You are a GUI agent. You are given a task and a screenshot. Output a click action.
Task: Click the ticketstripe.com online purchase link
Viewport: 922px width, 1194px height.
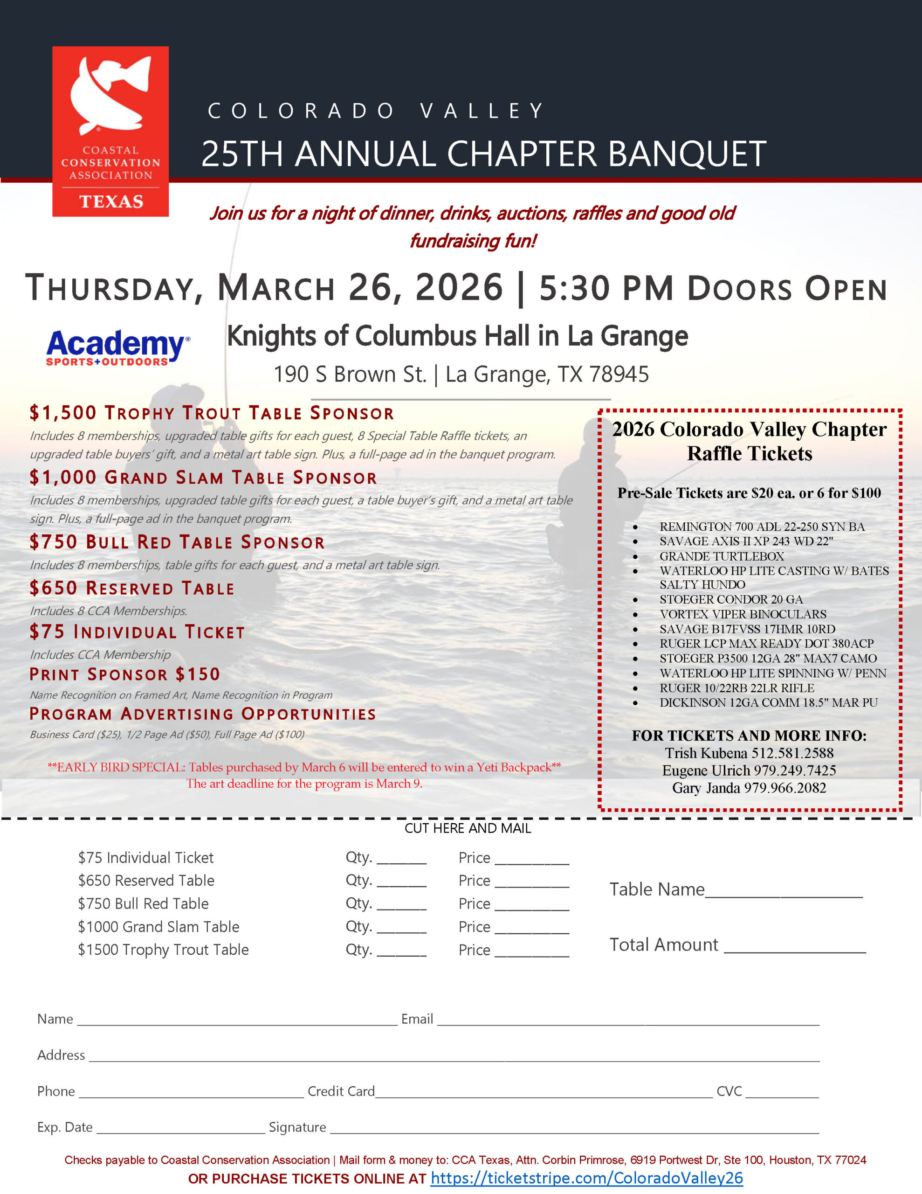(x=586, y=1178)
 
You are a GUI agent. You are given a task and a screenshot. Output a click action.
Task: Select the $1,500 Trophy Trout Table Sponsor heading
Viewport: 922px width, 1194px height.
(x=212, y=413)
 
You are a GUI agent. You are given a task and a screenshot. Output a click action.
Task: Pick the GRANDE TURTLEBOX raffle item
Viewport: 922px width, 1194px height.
(x=722, y=556)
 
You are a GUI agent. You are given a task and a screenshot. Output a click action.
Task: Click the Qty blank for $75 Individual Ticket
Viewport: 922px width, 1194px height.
(x=401, y=861)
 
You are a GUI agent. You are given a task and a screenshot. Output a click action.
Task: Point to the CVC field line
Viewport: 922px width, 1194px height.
(x=782, y=1093)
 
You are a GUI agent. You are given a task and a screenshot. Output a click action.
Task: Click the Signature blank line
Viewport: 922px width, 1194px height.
(x=574, y=1130)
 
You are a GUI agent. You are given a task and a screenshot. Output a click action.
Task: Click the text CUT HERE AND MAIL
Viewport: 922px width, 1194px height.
(x=467, y=828)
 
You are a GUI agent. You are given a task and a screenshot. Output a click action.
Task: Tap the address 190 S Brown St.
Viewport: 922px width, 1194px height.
(x=350, y=375)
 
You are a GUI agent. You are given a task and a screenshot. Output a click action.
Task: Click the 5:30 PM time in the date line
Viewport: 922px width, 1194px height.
(x=606, y=288)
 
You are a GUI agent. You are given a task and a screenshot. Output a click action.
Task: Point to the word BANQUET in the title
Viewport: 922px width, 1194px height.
(x=687, y=154)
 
